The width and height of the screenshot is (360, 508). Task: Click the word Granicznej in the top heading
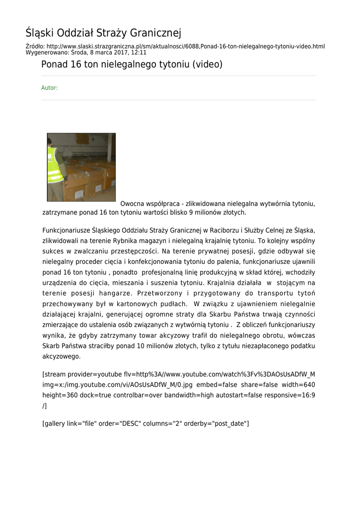pos(155,33)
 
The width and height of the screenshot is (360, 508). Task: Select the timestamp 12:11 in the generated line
pos(139,52)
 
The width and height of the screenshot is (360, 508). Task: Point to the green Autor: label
pos(49,88)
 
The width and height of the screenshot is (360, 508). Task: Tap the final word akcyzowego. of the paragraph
pos(62,356)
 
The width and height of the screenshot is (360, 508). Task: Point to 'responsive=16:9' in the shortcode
pos(289,395)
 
